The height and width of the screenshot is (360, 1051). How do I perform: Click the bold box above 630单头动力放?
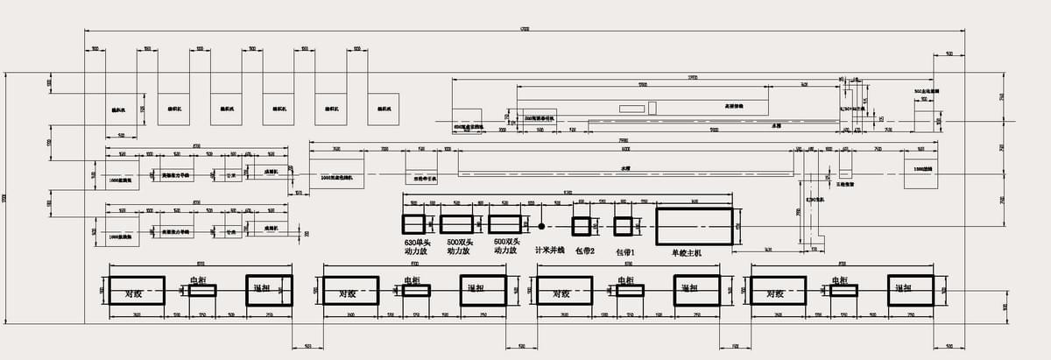coord(413,225)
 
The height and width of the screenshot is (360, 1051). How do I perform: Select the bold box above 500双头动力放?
coord(456,225)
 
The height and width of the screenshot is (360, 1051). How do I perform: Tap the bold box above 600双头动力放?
coord(504,225)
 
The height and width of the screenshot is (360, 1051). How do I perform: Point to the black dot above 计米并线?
coord(541,225)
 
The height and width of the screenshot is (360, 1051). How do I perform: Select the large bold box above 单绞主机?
coord(694,225)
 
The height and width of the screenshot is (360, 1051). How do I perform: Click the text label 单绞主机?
coord(688,253)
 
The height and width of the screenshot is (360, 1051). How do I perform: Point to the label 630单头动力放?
coord(412,246)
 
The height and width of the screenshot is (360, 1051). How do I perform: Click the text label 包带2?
coord(584,251)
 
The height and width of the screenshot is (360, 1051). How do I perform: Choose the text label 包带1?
coord(624,252)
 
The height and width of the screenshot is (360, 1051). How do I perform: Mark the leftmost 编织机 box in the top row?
coord(119,109)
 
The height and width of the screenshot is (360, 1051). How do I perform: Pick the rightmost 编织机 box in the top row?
coord(384,109)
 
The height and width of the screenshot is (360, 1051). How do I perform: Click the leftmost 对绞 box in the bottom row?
coord(136,291)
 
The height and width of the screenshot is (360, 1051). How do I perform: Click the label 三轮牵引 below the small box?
coord(845,185)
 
